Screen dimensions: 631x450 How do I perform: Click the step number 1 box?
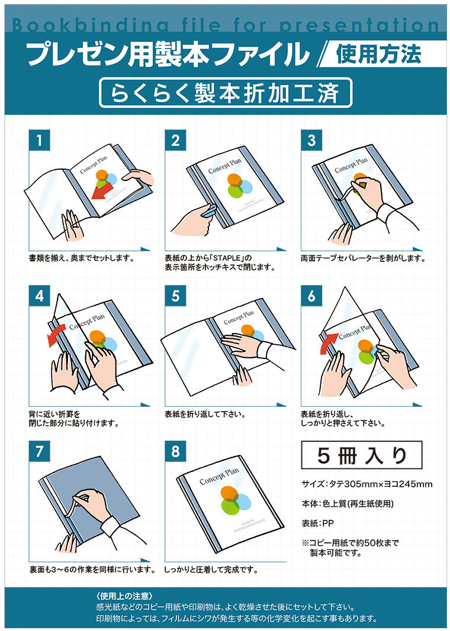[39, 141]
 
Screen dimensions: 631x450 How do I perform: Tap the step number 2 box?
[175, 141]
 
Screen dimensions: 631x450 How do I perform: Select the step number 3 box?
[311, 141]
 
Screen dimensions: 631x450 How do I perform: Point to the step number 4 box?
[39, 296]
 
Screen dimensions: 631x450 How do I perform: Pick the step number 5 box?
[175, 296]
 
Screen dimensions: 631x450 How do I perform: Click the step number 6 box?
[311, 296]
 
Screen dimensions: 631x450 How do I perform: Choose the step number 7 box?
[39, 451]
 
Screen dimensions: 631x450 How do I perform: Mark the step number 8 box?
[175, 451]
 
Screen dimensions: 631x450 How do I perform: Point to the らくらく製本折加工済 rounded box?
[226, 93]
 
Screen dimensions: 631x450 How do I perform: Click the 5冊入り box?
[362, 455]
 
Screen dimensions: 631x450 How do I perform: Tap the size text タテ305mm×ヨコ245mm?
[367, 484]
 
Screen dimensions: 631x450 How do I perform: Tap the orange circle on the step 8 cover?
[229, 494]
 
